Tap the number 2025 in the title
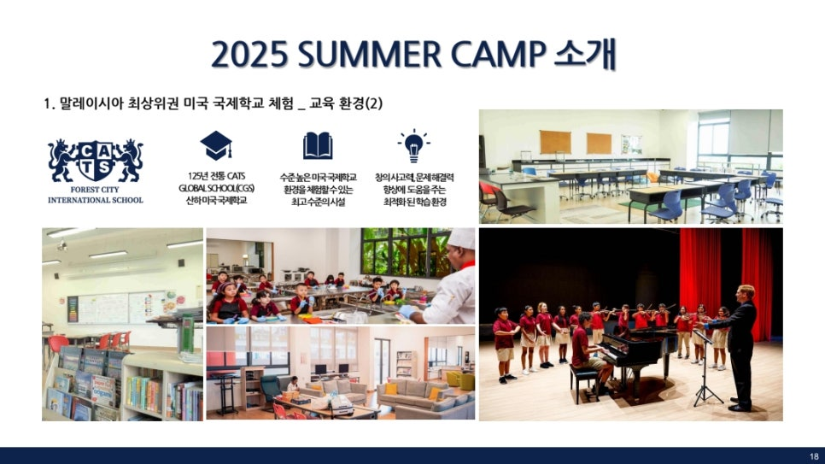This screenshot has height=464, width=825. (x=250, y=54)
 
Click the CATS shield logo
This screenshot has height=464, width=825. (x=96, y=161)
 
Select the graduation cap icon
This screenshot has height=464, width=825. (x=216, y=145)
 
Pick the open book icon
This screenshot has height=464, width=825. (x=318, y=145)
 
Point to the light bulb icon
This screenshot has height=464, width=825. (x=413, y=145)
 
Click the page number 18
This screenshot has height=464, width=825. (x=814, y=456)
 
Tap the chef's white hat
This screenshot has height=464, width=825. (x=461, y=238)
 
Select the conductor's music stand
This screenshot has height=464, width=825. (x=705, y=368)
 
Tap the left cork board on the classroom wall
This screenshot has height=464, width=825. (x=555, y=142)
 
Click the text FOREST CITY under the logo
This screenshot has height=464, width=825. (x=95, y=190)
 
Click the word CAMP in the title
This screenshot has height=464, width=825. (x=499, y=54)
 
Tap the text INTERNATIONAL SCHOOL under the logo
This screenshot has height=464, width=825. (x=96, y=200)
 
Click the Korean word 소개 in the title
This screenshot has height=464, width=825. (x=584, y=54)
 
